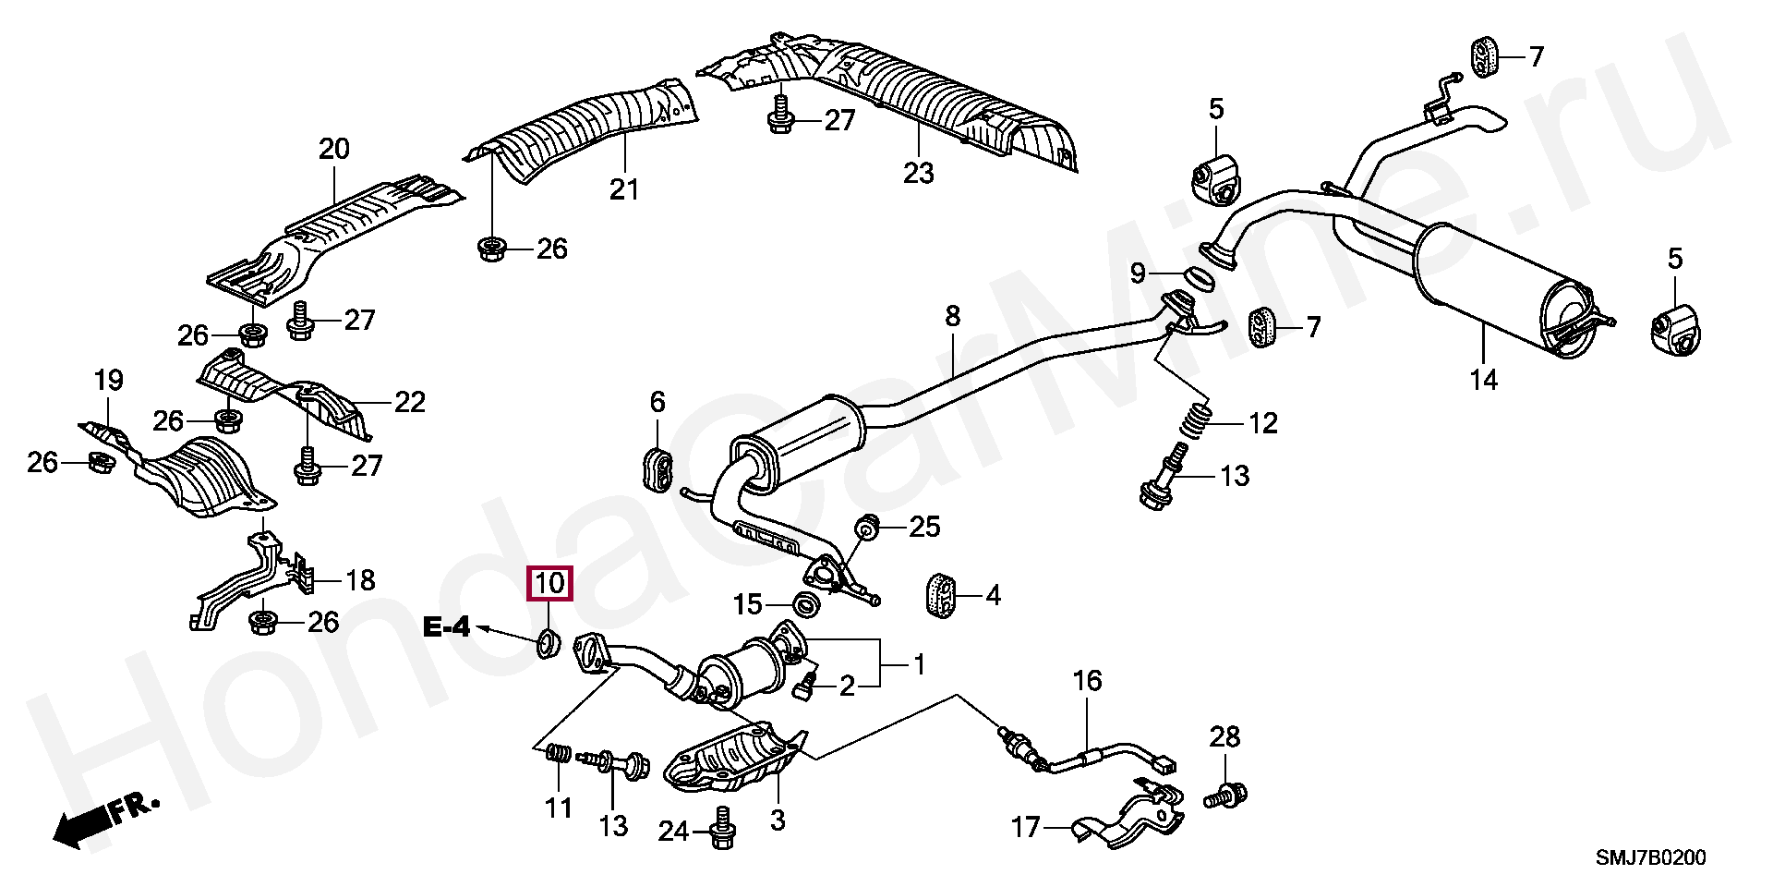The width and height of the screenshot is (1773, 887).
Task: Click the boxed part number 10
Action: [x=549, y=584]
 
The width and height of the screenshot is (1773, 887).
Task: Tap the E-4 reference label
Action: [x=447, y=628]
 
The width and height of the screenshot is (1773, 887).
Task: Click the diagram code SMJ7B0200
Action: [x=1651, y=858]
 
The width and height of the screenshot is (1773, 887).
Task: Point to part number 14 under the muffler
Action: [x=1483, y=380]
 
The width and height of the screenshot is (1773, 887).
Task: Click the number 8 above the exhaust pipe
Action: [x=952, y=317]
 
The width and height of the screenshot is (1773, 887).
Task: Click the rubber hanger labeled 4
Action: [x=939, y=594]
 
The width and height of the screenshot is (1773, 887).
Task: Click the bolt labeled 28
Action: [x=1227, y=794]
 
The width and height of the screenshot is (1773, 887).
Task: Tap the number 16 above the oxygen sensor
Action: [x=1087, y=681]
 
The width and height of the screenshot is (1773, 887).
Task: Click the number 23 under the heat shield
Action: [x=918, y=173]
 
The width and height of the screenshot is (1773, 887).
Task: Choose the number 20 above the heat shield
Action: [x=334, y=149]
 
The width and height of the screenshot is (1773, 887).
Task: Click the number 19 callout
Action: [x=108, y=380]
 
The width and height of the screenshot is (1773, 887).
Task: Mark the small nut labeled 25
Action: [x=868, y=528]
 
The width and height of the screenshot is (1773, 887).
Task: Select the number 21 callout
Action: [x=624, y=189]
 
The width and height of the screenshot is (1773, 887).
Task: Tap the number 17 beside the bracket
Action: [x=1026, y=827]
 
